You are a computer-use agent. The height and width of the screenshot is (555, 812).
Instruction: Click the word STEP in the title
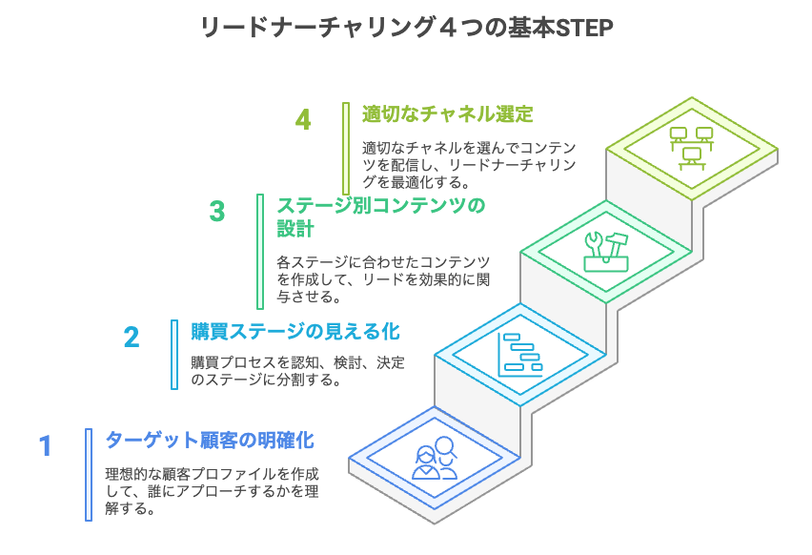point(583,28)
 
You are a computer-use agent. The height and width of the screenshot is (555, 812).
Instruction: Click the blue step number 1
point(46,446)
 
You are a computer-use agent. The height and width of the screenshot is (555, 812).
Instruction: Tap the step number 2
point(132,338)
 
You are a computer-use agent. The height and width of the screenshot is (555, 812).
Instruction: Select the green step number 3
point(217,212)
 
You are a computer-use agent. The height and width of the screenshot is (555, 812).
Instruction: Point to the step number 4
point(303,120)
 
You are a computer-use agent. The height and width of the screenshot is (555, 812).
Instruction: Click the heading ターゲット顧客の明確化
point(210,441)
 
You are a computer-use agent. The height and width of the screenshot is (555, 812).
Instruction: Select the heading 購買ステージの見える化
point(295,332)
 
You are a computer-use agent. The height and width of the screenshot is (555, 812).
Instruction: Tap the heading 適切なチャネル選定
point(447,114)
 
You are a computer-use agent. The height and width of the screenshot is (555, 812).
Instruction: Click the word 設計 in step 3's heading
point(295,229)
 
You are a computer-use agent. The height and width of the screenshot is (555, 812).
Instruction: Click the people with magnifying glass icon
point(435,459)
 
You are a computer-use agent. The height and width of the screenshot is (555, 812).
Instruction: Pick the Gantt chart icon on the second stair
point(520,356)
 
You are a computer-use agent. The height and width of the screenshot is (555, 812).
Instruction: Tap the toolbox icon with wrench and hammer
point(606,252)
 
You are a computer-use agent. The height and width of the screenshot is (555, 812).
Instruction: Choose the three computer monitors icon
point(692,148)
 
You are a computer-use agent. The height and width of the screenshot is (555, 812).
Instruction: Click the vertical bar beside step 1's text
point(89,475)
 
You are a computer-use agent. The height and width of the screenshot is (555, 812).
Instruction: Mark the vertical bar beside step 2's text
point(174,355)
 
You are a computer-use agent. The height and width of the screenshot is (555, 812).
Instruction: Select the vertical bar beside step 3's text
point(260,252)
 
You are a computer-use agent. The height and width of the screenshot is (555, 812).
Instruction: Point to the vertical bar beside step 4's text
point(346,149)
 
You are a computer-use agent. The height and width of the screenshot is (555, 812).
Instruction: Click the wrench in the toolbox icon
point(595,244)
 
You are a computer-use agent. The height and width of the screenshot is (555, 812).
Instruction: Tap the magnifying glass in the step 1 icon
point(446,447)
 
